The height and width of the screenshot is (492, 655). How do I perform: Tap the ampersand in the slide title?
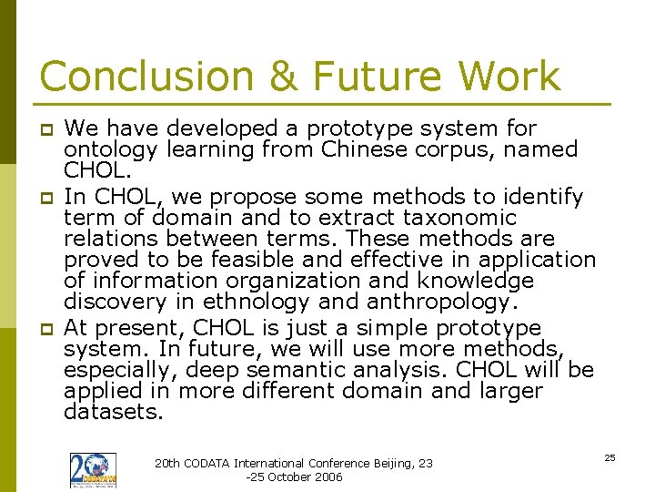click(285, 77)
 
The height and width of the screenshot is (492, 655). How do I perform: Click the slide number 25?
click(610, 457)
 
